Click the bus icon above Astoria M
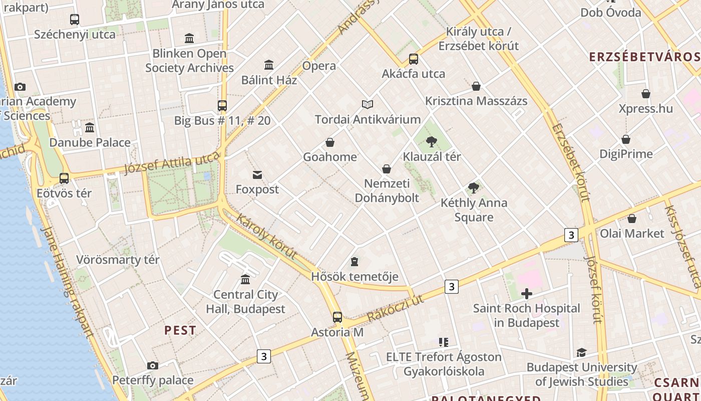pyautogui.click(x=337, y=317)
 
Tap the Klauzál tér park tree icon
pyautogui.click(x=431, y=142)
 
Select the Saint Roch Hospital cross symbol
pyautogui.click(x=526, y=294)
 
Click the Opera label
pyautogui.click(x=319, y=66)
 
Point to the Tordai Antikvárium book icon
pyautogui.click(x=368, y=104)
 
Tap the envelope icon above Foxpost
pyautogui.click(x=257, y=175)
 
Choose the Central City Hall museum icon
pyautogui.click(x=245, y=280)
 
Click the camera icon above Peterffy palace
pyautogui.click(x=153, y=366)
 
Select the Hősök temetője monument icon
pyautogui.click(x=355, y=262)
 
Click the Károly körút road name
pyautogui.click(x=266, y=237)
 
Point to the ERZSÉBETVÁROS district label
pyautogui.click(x=645, y=57)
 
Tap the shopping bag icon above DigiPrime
pyautogui.click(x=626, y=139)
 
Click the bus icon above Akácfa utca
pyautogui.click(x=414, y=59)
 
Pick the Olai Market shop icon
pyautogui.click(x=632, y=219)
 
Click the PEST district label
pyautogui.click(x=180, y=330)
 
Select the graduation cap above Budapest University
pyautogui.click(x=581, y=353)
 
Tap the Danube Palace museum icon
pyautogui.click(x=90, y=128)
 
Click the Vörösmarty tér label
pyautogui.click(x=118, y=260)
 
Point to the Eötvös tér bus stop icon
pyautogui.click(x=64, y=178)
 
